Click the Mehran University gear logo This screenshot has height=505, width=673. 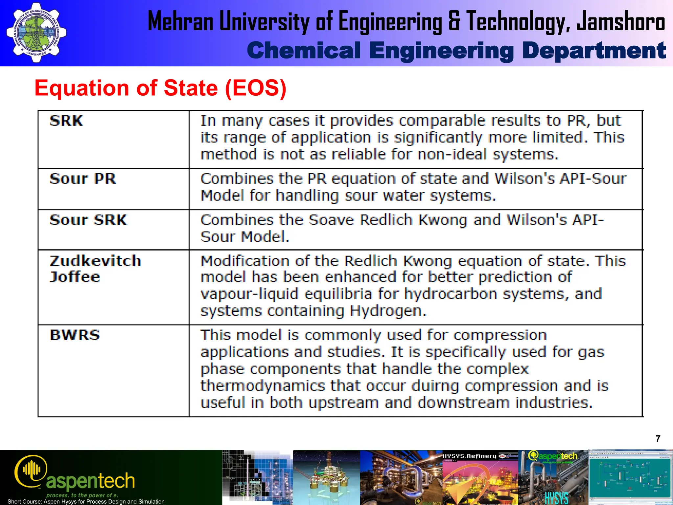click(36, 33)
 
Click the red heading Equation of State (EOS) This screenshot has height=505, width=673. click(160, 88)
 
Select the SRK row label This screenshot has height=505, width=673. click(66, 121)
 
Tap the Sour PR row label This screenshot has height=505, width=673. click(83, 179)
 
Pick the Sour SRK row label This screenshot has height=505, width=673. click(88, 220)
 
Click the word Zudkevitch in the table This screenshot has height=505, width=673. click(95, 261)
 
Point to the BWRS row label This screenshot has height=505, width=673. click(75, 335)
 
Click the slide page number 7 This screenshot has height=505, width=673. click(658, 439)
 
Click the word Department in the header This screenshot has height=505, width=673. click(594, 51)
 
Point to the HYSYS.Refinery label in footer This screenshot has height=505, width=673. click(469, 456)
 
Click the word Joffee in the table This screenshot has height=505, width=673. click(75, 277)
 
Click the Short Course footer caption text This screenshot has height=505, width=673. click(86, 501)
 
